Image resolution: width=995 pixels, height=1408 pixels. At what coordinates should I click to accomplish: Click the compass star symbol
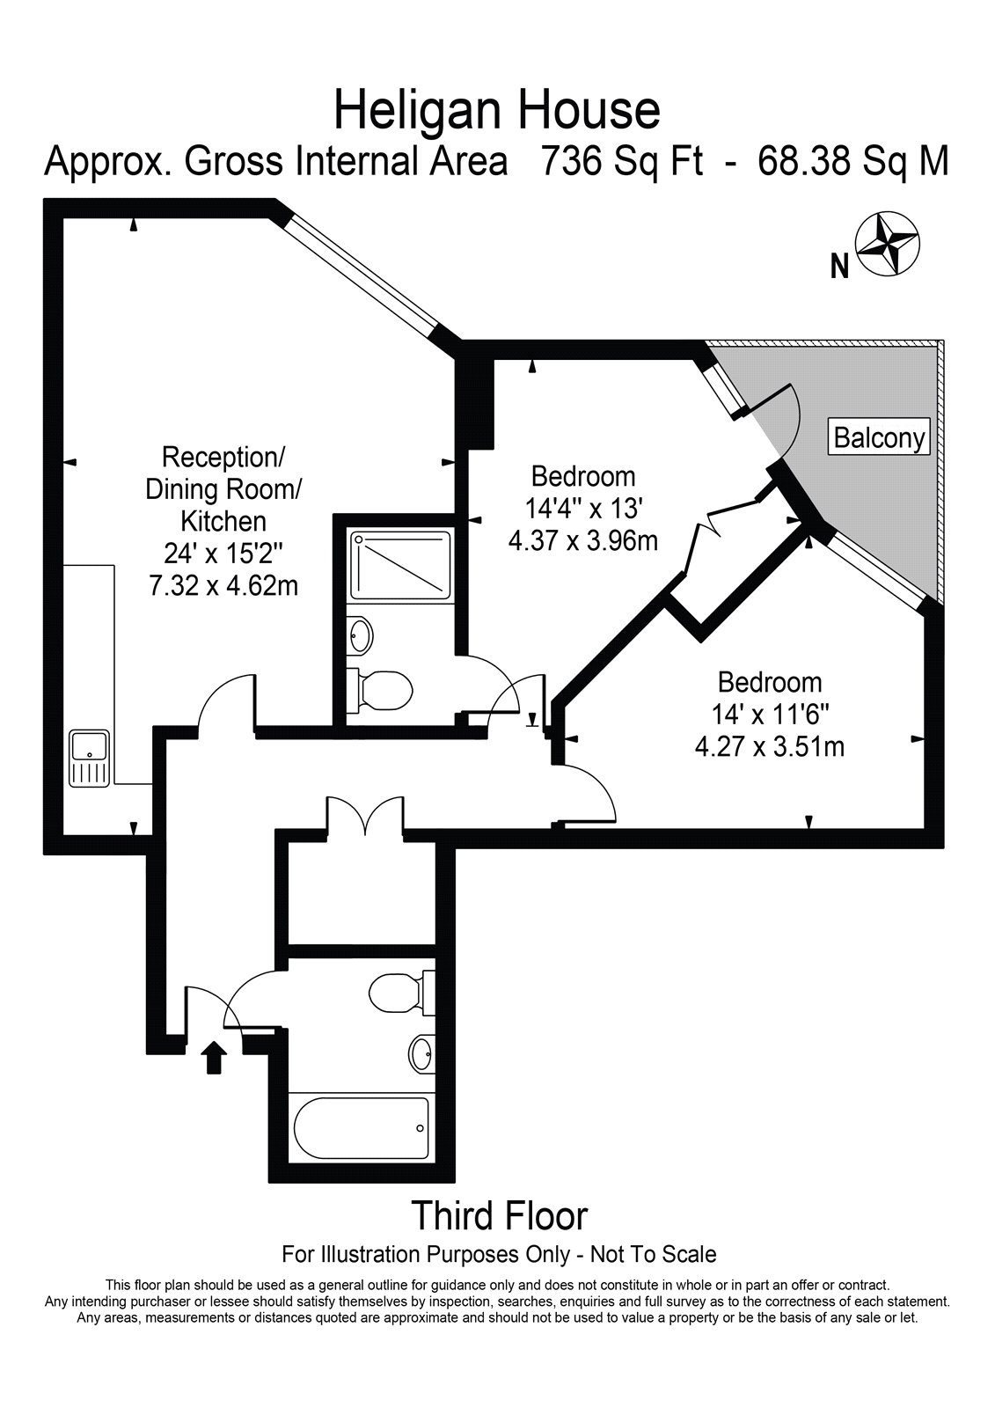tap(889, 243)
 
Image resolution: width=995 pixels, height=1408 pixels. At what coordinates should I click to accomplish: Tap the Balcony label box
tap(880, 436)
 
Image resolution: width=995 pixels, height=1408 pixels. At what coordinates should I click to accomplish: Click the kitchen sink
tap(89, 758)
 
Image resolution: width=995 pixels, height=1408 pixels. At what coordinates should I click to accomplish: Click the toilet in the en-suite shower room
tap(380, 691)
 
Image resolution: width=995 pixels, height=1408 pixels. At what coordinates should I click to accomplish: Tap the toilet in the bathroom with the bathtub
tap(402, 994)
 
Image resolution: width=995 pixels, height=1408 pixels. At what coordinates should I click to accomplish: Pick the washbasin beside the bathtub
tap(421, 1052)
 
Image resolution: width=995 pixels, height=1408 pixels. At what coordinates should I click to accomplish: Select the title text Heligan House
tap(496, 111)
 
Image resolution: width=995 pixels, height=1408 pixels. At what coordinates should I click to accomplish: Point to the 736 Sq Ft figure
tap(622, 161)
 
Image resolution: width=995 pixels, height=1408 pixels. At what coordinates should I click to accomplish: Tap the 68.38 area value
tap(802, 161)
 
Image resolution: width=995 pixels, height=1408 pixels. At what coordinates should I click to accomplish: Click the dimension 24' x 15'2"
tap(223, 554)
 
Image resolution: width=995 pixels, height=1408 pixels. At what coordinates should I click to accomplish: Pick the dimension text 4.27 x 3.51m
tap(770, 747)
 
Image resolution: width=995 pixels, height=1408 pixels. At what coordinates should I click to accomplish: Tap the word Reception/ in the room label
tap(223, 457)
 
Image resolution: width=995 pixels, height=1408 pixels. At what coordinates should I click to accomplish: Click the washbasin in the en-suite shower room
tap(360, 634)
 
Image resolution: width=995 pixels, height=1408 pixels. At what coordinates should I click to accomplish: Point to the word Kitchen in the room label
tap(223, 521)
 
